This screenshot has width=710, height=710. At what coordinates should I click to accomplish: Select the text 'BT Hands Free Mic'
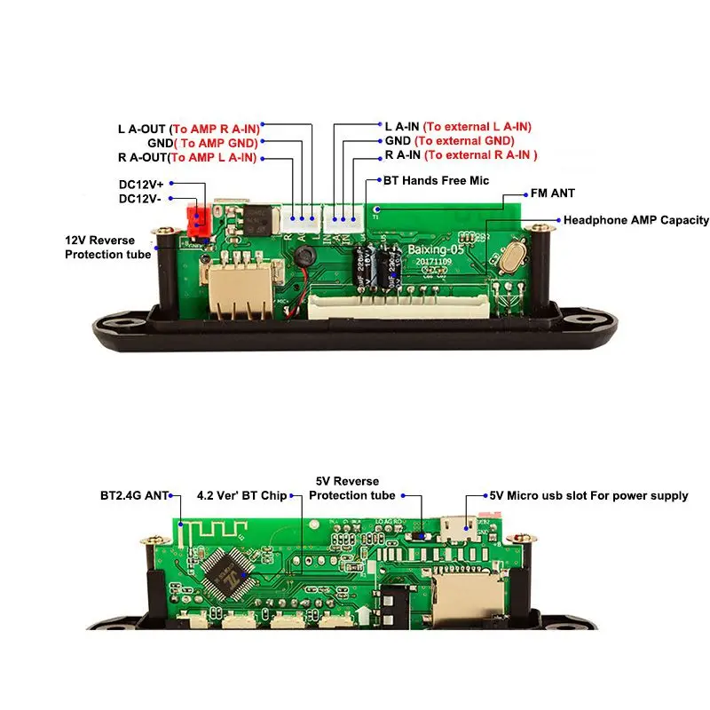(x=437, y=180)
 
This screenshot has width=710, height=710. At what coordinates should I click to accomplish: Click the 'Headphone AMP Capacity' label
(x=636, y=220)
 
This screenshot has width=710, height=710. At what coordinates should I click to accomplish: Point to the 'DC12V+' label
(x=141, y=185)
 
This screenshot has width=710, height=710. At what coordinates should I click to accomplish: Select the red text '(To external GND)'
(x=464, y=141)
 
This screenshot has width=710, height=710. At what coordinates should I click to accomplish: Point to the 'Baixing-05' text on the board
(x=436, y=250)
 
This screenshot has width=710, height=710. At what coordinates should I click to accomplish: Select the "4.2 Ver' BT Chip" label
(x=241, y=495)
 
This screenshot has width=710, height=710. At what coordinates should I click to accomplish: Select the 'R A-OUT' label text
(x=142, y=157)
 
